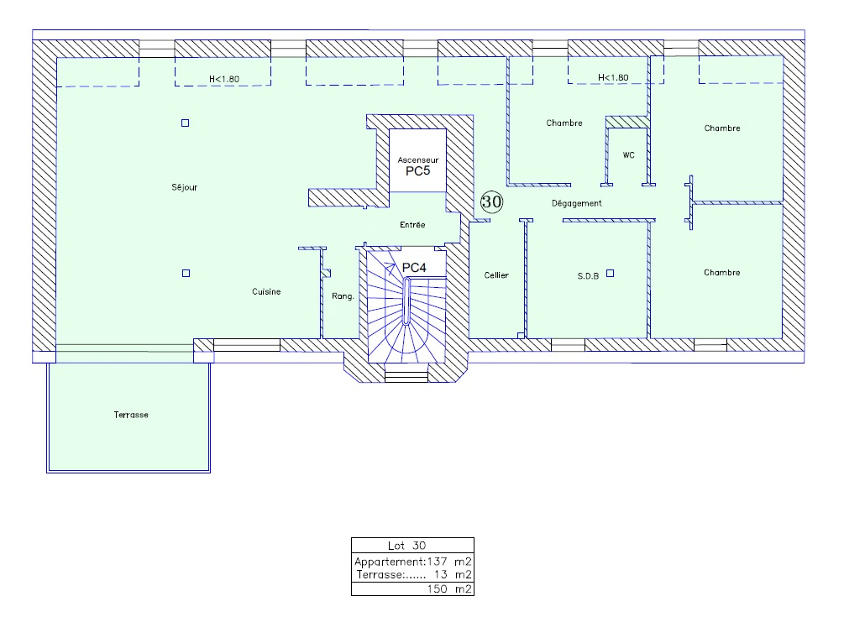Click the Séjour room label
point(185,187)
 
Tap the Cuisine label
point(266,291)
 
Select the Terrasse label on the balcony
point(131,415)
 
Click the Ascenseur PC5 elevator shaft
point(417,160)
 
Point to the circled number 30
point(491,201)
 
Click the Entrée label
point(412,225)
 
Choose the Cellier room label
point(496,275)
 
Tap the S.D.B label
point(588,276)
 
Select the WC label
point(629,155)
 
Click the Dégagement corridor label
point(576,203)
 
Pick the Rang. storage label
point(343,296)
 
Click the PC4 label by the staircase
point(414,267)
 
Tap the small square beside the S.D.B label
point(610,274)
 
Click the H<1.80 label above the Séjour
point(224,79)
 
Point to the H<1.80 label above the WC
point(613,77)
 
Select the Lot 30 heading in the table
point(407,546)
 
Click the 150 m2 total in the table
point(449,589)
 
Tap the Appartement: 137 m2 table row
point(413,562)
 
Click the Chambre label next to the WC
point(564,123)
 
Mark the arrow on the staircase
point(389,269)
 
